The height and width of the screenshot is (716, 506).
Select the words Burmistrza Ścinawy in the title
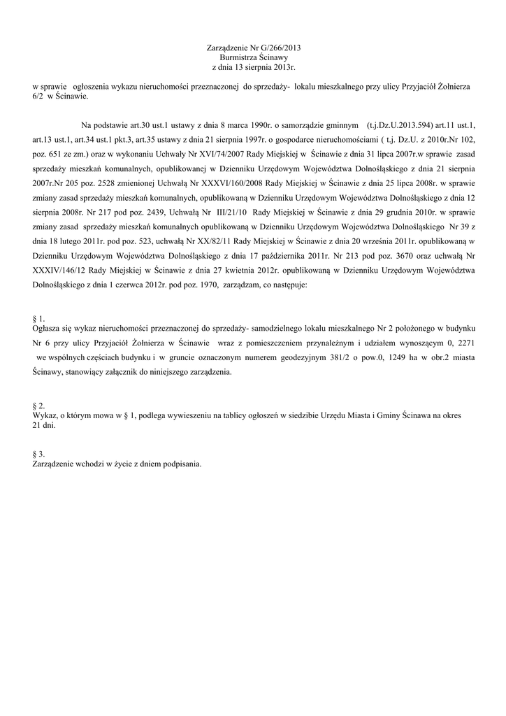pos(253,57)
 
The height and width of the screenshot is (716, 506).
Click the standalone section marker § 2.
pos(39,406)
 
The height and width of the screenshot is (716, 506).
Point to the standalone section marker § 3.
pos(39,453)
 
